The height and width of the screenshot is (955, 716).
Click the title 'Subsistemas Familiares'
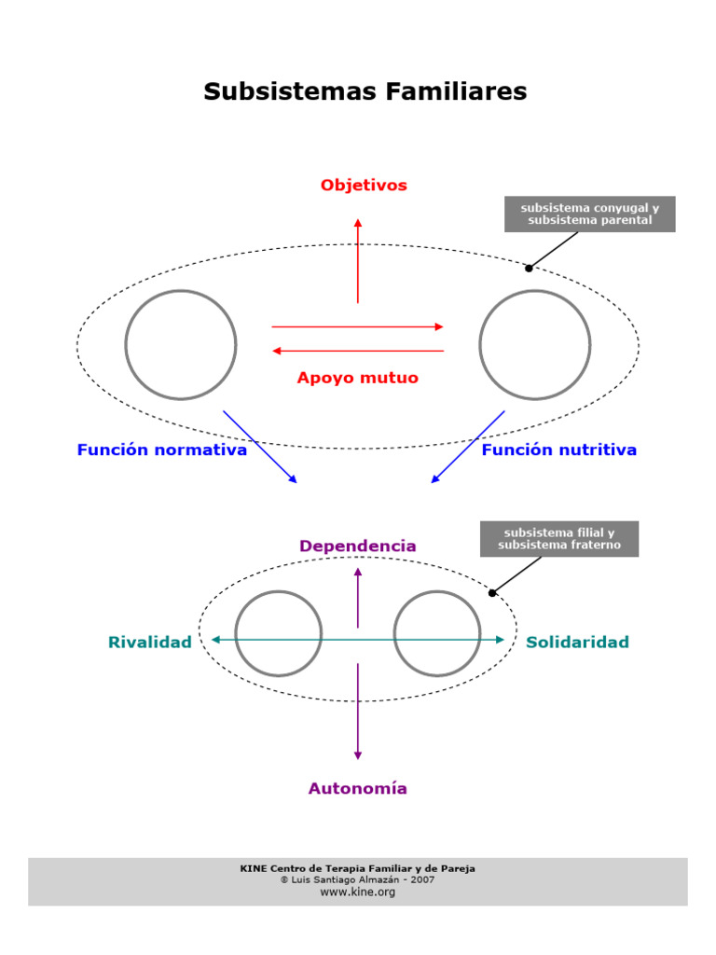(365, 92)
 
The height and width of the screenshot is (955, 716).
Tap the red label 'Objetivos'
(364, 186)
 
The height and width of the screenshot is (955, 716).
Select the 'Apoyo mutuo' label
(357, 379)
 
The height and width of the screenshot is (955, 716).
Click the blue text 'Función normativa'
(162, 450)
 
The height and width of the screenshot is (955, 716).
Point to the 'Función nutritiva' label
(559, 450)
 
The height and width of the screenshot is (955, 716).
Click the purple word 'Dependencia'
(358, 546)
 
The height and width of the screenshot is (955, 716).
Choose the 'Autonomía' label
(358, 789)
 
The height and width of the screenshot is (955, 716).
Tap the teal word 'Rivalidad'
(150, 643)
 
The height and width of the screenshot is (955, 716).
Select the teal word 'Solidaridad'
(577, 643)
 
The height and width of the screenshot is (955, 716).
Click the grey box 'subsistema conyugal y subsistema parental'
(589, 215)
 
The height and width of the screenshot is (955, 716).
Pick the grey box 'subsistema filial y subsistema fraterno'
(559, 539)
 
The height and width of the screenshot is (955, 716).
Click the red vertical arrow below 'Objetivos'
(358, 261)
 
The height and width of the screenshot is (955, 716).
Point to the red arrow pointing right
(358, 326)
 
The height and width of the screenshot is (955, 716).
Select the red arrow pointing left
(358, 351)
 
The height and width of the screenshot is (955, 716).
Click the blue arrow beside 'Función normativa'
(260, 447)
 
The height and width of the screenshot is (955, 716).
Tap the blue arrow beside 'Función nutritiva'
(468, 447)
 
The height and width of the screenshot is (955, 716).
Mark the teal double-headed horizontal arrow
(358, 640)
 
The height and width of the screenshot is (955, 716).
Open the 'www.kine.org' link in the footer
(358, 893)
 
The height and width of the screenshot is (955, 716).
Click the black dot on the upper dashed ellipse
(529, 269)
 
